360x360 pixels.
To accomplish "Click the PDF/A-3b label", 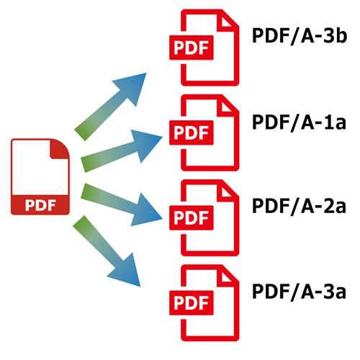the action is [300, 36].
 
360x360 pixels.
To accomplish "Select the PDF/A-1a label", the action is [299, 122].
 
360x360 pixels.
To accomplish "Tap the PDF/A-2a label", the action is [299, 206].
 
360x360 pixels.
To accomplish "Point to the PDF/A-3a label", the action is [299, 292].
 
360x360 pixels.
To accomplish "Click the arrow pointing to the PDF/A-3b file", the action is [110, 107].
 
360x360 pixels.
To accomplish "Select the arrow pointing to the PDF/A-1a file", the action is [122, 150].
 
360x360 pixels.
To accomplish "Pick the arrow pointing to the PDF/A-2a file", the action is [122, 204].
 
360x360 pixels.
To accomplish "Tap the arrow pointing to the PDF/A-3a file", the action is [107, 251].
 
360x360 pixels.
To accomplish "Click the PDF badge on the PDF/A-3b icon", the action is [192, 48].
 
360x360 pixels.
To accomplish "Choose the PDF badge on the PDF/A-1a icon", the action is [192, 132].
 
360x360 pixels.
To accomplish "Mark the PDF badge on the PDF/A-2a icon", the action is [192, 217].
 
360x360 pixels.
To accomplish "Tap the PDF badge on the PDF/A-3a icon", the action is [192, 303].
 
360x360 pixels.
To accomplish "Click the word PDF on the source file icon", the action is [40, 205].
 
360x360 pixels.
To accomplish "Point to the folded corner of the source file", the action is [58, 150].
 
